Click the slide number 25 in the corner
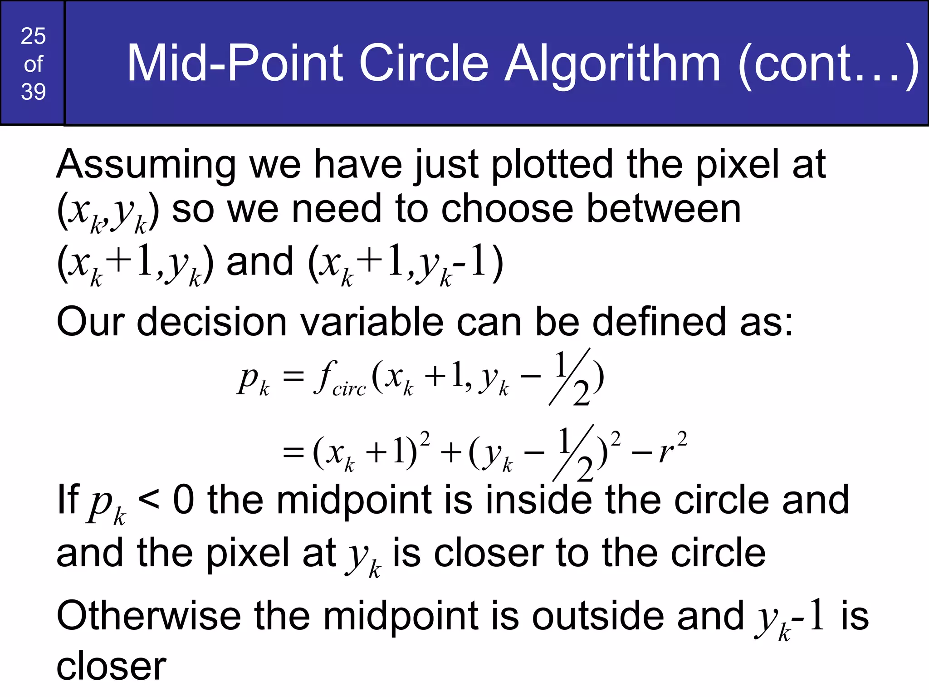click(x=33, y=36)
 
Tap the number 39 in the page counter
click(x=33, y=92)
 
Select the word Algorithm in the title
click(x=612, y=64)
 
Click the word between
click(x=664, y=209)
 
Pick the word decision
click(x=211, y=322)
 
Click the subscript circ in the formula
click(x=349, y=389)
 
